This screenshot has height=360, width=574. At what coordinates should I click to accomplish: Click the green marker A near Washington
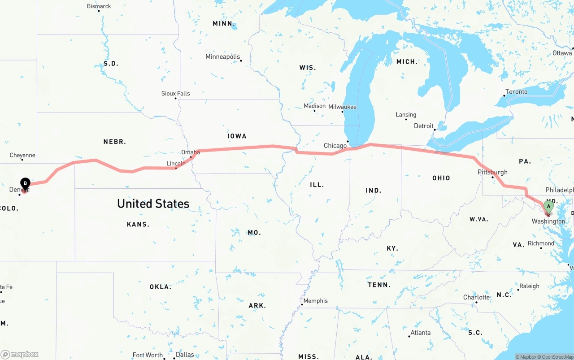coord(548,207)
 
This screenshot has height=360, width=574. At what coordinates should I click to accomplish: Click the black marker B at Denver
coord(26,183)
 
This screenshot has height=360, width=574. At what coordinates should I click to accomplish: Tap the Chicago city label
coord(335,146)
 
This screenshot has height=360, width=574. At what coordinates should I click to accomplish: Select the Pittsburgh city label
coord(492,172)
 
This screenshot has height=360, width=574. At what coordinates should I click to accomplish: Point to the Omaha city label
coord(191,152)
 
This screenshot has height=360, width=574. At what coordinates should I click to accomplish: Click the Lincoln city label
coord(176,164)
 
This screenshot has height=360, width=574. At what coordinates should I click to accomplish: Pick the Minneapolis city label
coord(222,56)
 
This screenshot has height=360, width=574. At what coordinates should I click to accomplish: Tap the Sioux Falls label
coord(175,93)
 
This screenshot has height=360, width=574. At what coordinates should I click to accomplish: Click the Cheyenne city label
coord(22,155)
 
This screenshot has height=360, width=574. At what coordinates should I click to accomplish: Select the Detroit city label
coord(424,126)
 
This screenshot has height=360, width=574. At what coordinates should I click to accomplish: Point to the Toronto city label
coord(516,92)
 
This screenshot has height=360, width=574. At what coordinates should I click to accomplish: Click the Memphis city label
coord(315,301)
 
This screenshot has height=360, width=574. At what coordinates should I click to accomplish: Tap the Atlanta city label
coord(420,333)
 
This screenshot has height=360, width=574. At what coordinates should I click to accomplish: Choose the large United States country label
coord(153,204)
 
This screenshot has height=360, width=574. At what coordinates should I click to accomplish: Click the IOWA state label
coord(237,136)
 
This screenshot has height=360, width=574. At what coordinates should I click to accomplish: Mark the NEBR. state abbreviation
coord(115,142)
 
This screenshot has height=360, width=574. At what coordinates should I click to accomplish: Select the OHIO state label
coord(441,178)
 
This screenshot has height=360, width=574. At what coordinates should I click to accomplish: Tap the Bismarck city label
coord(99,6)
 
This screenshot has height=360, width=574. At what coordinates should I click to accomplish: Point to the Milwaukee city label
coord(342,107)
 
